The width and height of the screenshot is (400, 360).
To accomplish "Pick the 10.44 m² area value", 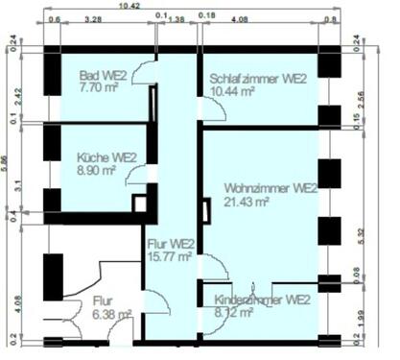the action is [232, 91].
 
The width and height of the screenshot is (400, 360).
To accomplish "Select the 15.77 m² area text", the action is [168, 256].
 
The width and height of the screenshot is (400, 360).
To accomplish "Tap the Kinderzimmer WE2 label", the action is [262, 300].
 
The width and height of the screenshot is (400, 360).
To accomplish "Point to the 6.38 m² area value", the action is [112, 313].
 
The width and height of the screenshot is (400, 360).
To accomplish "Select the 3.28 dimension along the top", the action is [94, 18].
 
